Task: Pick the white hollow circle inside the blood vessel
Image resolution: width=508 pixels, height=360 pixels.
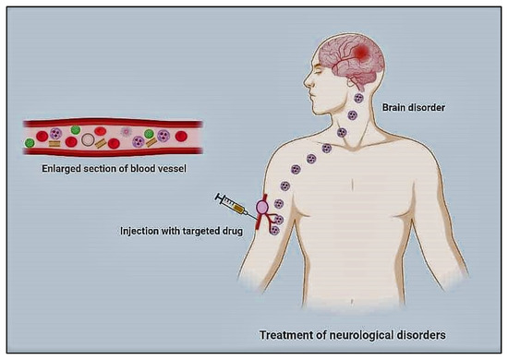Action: click(88, 140)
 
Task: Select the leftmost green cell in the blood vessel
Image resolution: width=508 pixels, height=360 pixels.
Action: click(30, 143)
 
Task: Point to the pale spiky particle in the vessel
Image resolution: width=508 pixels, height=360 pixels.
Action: click(127, 133)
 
